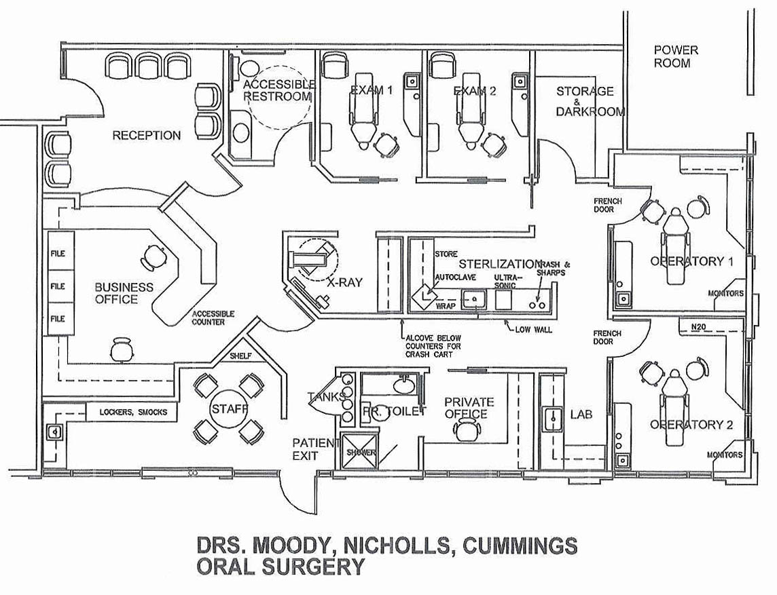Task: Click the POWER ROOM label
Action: pyautogui.click(x=675, y=56)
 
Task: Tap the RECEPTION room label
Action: pyautogui.click(x=147, y=135)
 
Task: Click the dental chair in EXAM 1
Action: pyautogui.click(x=364, y=115)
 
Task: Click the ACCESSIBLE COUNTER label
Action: pyautogui.click(x=213, y=318)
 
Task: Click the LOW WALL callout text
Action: pyautogui.click(x=533, y=329)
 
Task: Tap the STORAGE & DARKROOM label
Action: pyautogui.click(x=587, y=101)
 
